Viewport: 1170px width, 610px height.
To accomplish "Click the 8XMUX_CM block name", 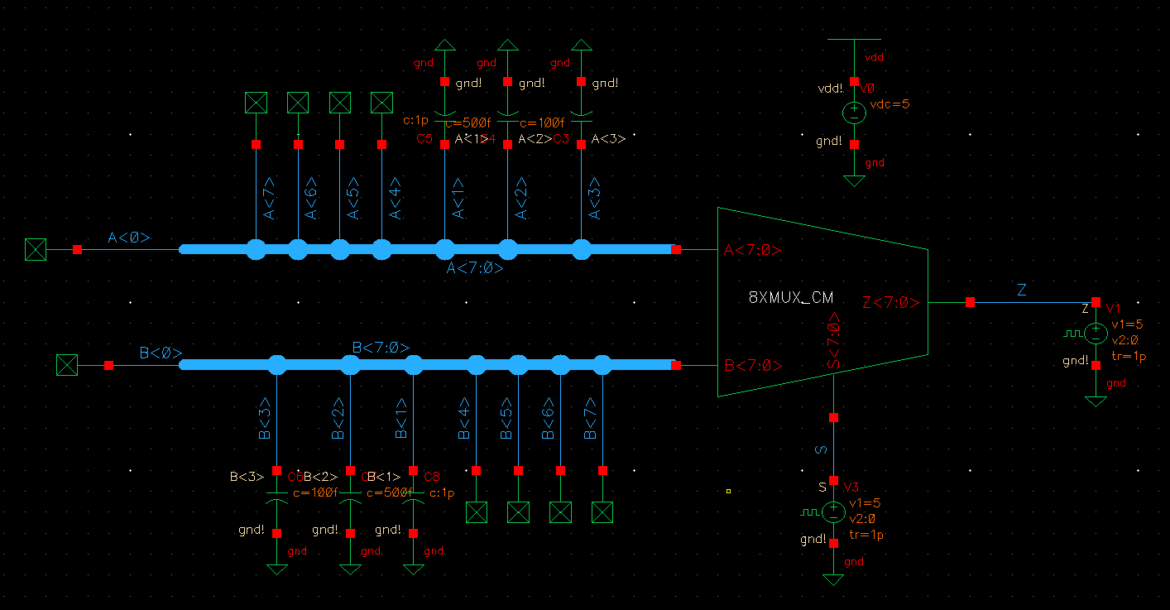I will pos(790,298).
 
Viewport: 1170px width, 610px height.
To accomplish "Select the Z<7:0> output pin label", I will pos(890,303).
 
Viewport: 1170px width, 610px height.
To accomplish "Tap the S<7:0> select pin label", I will pos(834,340).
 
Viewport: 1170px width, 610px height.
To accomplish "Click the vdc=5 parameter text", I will pos(889,105).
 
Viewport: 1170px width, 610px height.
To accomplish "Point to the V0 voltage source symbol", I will pos(855,113).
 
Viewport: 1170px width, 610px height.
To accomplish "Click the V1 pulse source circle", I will pos(1096,334).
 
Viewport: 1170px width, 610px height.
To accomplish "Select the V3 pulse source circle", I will pos(833,512).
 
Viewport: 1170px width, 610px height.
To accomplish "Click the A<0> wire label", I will pos(129,238).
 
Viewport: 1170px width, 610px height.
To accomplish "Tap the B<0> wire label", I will pos(161,353).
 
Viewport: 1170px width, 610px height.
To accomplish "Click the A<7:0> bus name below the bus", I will pos(475,268).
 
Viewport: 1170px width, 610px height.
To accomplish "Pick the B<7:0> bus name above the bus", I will pos(381,348).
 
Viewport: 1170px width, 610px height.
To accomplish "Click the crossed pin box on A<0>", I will pos(35,249).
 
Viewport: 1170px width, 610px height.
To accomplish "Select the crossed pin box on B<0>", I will pos(66,365).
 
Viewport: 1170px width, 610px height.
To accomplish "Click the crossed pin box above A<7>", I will pos(256,103).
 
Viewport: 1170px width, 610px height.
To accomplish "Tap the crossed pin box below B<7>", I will pos(602,512).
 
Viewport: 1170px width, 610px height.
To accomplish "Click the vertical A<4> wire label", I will pos(396,199).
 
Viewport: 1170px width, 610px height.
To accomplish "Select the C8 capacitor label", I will pos(432,477).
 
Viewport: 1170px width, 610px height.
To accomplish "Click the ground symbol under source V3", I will pos(833,579).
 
